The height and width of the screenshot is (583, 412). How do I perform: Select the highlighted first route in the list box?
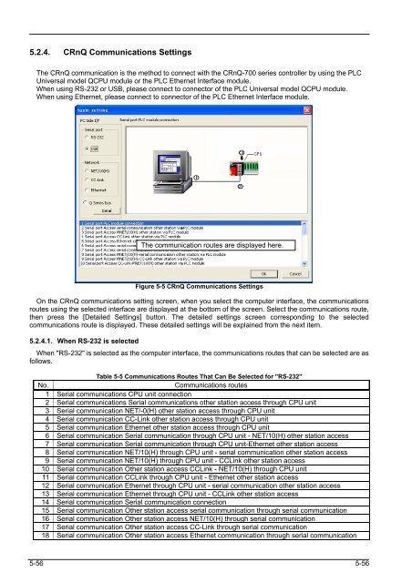(x=137, y=222)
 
